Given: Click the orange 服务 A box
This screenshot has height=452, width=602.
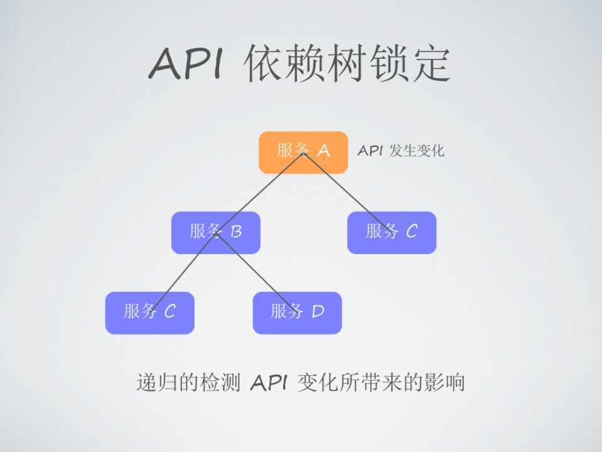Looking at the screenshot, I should click(303, 152).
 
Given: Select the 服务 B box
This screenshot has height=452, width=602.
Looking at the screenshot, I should click(215, 232).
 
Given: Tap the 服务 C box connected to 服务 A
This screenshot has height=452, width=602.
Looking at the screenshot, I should click(391, 232).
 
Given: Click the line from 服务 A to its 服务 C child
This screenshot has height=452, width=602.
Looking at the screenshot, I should click(348, 192).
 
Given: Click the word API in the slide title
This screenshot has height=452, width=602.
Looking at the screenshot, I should click(186, 63).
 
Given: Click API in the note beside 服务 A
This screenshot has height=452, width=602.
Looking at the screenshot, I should click(370, 151).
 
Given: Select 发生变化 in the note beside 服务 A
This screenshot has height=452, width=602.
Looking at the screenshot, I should click(416, 151).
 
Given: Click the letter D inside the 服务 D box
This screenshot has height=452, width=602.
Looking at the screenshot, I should click(318, 311).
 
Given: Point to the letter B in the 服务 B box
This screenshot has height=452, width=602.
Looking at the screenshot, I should click(236, 232).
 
